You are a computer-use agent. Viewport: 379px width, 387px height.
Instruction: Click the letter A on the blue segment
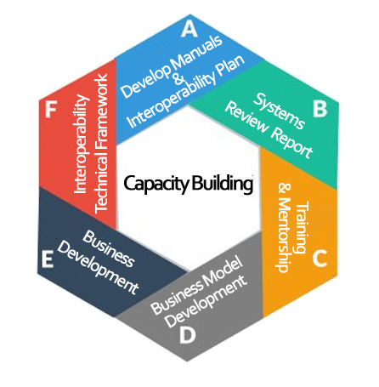tap(189, 29)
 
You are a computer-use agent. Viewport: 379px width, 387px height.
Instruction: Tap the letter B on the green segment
tap(320, 109)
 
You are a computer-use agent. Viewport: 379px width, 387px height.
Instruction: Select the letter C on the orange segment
tap(320, 259)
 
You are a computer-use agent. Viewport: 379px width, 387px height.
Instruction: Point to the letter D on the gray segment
tap(188, 335)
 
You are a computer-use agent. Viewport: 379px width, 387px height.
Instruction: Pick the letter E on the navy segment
tap(48, 259)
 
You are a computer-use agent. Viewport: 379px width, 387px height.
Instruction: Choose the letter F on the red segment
tap(51, 110)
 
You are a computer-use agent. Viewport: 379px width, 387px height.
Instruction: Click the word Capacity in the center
tap(156, 184)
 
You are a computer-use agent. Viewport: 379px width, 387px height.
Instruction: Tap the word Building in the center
tap(222, 184)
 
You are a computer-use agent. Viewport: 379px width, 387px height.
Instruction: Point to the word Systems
tap(280, 111)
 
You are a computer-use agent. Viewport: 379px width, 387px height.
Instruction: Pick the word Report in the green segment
tap(291, 142)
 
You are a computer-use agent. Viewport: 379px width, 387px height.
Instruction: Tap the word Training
tap(302, 226)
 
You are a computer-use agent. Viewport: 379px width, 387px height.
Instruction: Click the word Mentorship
tap(284, 235)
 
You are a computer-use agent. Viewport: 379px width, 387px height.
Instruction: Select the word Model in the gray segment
tap(223, 273)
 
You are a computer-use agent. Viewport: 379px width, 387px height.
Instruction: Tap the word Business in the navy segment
tap(108, 248)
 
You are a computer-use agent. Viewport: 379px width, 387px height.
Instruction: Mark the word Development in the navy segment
tap(98, 268)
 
